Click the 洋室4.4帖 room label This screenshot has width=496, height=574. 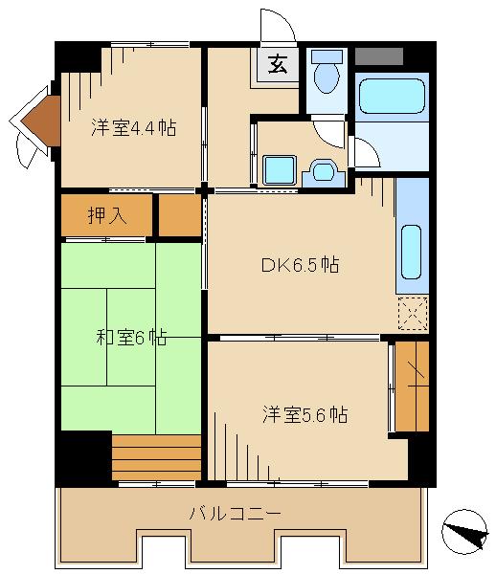click(133, 126)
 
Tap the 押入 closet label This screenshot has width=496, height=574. click(108, 215)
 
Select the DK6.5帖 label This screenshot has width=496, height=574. click(300, 264)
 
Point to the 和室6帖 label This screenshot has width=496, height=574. click(131, 337)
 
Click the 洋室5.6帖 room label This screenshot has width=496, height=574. click(305, 414)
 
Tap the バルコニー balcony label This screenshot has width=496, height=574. click(235, 514)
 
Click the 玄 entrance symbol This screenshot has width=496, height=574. click(277, 65)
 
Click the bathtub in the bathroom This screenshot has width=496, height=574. click(391, 98)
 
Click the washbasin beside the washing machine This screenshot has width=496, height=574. click(322, 171)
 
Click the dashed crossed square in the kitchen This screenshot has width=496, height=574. click(412, 313)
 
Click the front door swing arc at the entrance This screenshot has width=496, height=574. click(278, 24)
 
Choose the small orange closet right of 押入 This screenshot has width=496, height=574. click(179, 215)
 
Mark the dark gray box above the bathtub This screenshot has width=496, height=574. click(378, 55)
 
